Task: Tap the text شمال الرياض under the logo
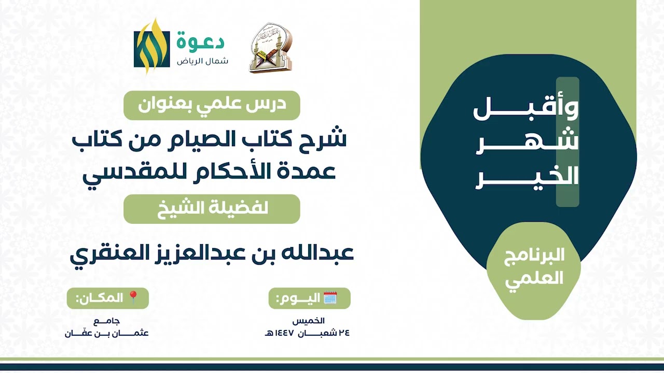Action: (x=203, y=61)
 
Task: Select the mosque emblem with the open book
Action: (x=271, y=48)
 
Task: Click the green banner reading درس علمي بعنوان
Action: (x=212, y=105)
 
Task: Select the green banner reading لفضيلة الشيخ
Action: (x=212, y=209)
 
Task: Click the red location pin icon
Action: (x=133, y=297)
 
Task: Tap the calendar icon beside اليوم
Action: (x=330, y=298)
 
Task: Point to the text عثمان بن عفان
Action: (x=107, y=333)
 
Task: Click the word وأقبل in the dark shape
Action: (x=525, y=109)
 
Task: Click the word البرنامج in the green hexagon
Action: (x=534, y=256)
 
